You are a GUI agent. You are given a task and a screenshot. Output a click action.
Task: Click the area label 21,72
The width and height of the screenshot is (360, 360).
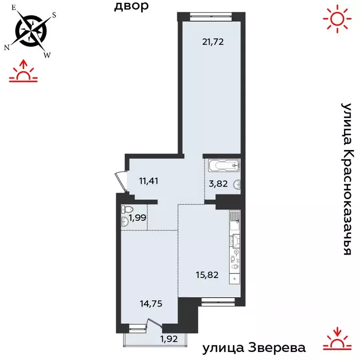pyautogui.click(x=213, y=42)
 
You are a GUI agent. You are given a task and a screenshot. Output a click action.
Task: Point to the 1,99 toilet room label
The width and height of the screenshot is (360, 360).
pyautogui.click(x=138, y=217)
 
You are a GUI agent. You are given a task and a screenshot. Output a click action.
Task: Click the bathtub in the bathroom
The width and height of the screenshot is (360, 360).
pyautogui.click(x=224, y=165)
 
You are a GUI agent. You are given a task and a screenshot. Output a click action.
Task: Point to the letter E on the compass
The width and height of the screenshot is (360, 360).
pyautogui.click(x=14, y=8)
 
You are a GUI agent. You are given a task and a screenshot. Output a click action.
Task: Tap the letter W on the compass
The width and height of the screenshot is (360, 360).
pyautogui.click(x=47, y=55)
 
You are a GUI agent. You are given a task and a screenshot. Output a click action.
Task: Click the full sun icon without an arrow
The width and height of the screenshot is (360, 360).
pyautogui.click(x=337, y=18)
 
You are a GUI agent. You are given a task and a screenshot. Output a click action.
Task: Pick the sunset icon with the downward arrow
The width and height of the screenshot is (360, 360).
pyautogui.click(x=337, y=338)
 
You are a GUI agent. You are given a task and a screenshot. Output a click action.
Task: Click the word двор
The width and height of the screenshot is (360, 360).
pyautogui.click(x=132, y=6)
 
